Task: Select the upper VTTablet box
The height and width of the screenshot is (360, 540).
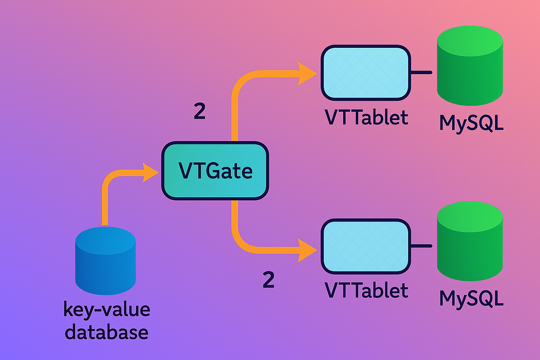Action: click(366, 73)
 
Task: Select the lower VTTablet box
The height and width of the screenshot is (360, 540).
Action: click(366, 246)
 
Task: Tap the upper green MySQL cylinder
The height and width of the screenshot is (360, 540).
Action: click(470, 67)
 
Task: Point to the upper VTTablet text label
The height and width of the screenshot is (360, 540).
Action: click(366, 117)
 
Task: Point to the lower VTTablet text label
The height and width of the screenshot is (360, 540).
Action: click(366, 290)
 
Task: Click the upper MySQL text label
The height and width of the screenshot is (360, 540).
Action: click(471, 123)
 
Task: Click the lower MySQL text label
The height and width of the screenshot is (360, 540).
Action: click(471, 298)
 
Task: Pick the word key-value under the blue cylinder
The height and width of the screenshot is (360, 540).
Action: click(107, 310)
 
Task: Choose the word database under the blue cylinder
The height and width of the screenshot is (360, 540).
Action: click(107, 333)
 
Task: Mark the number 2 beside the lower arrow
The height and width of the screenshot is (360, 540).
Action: click(269, 280)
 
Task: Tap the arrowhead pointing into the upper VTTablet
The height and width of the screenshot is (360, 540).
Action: click(307, 74)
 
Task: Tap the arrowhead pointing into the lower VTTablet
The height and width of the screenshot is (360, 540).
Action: click(307, 250)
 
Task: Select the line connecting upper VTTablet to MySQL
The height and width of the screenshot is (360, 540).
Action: click(421, 72)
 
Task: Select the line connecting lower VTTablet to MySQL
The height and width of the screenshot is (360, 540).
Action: click(421, 246)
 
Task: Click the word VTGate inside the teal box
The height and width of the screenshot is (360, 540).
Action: click(215, 171)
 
